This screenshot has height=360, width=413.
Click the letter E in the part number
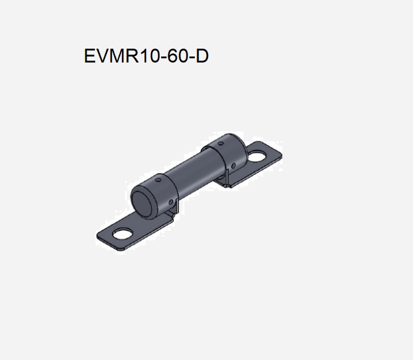click(90, 56)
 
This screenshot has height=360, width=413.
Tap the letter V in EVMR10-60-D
click(101, 56)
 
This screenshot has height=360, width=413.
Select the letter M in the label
click(115, 56)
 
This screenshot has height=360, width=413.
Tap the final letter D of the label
click(202, 56)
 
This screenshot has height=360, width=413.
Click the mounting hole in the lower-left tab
click(123, 233)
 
